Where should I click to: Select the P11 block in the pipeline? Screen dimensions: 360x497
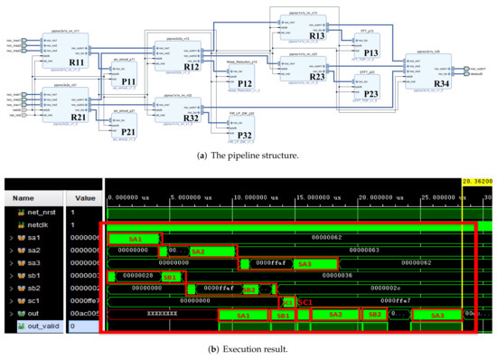coord(128,81)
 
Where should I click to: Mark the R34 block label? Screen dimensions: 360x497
coord(441,83)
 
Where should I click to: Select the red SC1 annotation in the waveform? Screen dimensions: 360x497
coord(305,301)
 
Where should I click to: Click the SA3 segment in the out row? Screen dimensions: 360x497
coord(437,315)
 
